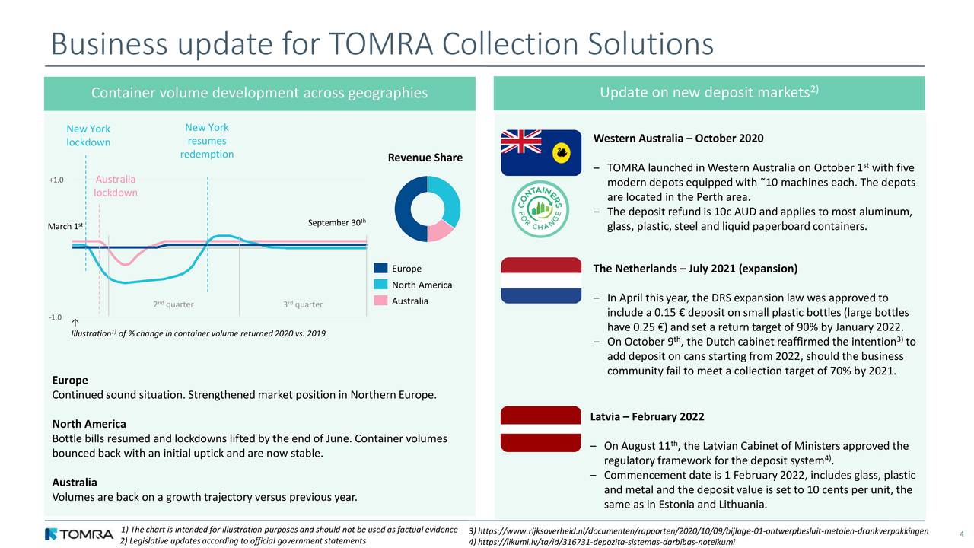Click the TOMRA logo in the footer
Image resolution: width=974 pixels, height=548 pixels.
79,534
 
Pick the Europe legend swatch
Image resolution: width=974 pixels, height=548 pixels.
381,269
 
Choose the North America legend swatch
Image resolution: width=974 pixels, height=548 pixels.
381,285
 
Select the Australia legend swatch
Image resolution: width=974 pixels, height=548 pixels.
381,301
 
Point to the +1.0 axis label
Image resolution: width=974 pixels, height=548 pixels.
56,180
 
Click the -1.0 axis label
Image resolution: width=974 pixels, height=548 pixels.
56,317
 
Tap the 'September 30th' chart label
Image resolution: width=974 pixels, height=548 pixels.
337,223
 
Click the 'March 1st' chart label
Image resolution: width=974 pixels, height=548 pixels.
65,227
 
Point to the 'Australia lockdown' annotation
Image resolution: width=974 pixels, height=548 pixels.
116,186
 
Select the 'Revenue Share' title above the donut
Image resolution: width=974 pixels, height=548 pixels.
425,158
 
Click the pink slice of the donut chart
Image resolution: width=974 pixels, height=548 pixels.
439,230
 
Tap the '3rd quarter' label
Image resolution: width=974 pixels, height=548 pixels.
302,305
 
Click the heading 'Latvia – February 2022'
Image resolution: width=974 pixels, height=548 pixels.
647,416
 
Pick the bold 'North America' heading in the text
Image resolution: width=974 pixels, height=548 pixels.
88,424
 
